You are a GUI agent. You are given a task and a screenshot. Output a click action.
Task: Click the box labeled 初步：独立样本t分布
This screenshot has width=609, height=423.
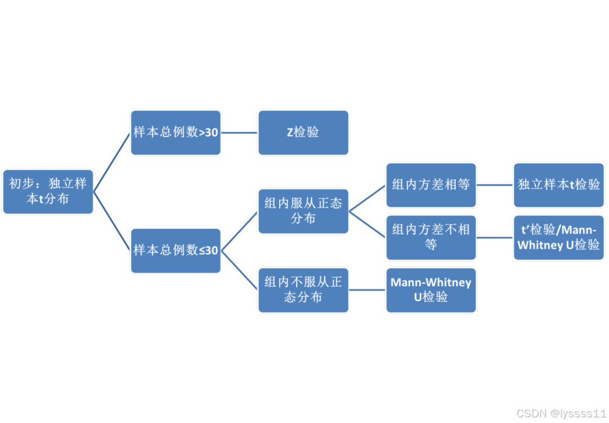[x=48, y=191]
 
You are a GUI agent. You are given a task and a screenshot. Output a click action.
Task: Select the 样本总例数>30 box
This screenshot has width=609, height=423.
[x=175, y=133]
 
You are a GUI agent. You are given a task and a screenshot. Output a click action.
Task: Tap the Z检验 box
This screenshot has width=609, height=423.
[x=303, y=133]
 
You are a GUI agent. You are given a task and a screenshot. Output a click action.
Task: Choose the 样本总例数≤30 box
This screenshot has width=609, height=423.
[x=175, y=250]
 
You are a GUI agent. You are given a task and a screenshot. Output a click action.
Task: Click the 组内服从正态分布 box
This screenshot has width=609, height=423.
[x=303, y=211]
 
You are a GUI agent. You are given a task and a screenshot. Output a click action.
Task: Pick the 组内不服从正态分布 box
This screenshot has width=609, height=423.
[x=303, y=290]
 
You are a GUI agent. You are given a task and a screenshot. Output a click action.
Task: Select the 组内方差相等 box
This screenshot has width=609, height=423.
[x=431, y=184]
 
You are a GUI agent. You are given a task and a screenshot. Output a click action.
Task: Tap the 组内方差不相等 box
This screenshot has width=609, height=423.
[x=431, y=237]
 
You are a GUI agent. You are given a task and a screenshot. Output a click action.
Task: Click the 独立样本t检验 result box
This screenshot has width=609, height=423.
[x=559, y=184]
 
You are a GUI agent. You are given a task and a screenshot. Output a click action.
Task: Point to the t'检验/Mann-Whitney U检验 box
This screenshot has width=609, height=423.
[x=559, y=237]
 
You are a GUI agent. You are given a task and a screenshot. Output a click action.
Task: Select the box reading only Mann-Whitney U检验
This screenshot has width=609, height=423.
[x=431, y=290]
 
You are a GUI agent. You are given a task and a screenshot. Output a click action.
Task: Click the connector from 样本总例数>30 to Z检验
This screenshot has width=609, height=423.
[x=240, y=133]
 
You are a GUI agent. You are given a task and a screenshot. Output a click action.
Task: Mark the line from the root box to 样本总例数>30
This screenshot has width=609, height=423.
[x=112, y=162]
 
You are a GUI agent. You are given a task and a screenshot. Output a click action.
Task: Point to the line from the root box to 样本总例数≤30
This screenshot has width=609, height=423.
[x=112, y=221]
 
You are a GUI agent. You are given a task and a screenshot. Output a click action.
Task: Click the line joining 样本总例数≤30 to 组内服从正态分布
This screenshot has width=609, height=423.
[x=240, y=231]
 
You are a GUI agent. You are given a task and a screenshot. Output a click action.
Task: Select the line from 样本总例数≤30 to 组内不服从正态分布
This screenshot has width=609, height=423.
[x=240, y=270]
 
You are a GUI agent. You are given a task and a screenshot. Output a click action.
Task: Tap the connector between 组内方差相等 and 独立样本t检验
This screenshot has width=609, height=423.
[x=495, y=184]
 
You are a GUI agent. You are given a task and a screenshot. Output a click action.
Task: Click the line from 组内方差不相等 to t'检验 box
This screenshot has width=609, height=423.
[x=495, y=237]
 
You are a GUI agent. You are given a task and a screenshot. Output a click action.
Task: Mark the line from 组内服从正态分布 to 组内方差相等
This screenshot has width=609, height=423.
[x=367, y=198]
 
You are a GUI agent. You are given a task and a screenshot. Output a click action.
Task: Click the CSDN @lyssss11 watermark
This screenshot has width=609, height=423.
[x=561, y=413]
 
